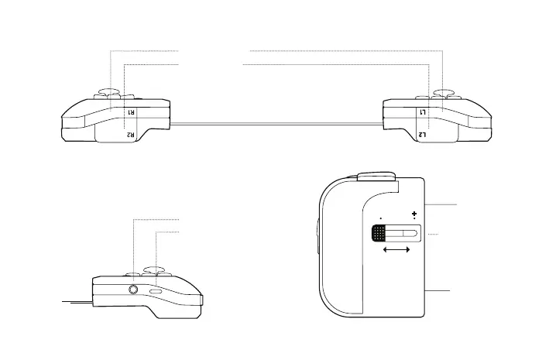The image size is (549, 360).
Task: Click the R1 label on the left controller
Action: pyautogui.click(x=131, y=112)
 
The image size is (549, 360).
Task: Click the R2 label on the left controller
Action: pyautogui.click(x=131, y=135)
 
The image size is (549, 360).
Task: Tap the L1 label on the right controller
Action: pyautogui.click(x=423, y=112)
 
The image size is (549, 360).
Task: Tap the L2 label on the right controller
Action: pyautogui.click(x=423, y=135)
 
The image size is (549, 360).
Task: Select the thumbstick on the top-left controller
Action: pyautogui.click(x=108, y=92)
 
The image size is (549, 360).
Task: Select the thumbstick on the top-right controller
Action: pyautogui.click(x=444, y=92)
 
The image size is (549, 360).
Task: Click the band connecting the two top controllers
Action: pyautogui.click(x=276, y=123)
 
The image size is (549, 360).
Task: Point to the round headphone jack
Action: pyautogui.click(x=135, y=290)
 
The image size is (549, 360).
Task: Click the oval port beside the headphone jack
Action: pyautogui.click(x=156, y=291)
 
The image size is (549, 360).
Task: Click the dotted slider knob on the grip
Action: pyautogui.click(x=378, y=233)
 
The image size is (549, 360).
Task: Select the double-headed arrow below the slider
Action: pyautogui.click(x=396, y=251)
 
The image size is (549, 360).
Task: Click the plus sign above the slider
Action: pyautogui.click(x=415, y=214)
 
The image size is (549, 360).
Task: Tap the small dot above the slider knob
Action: pyautogui.click(x=381, y=218)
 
